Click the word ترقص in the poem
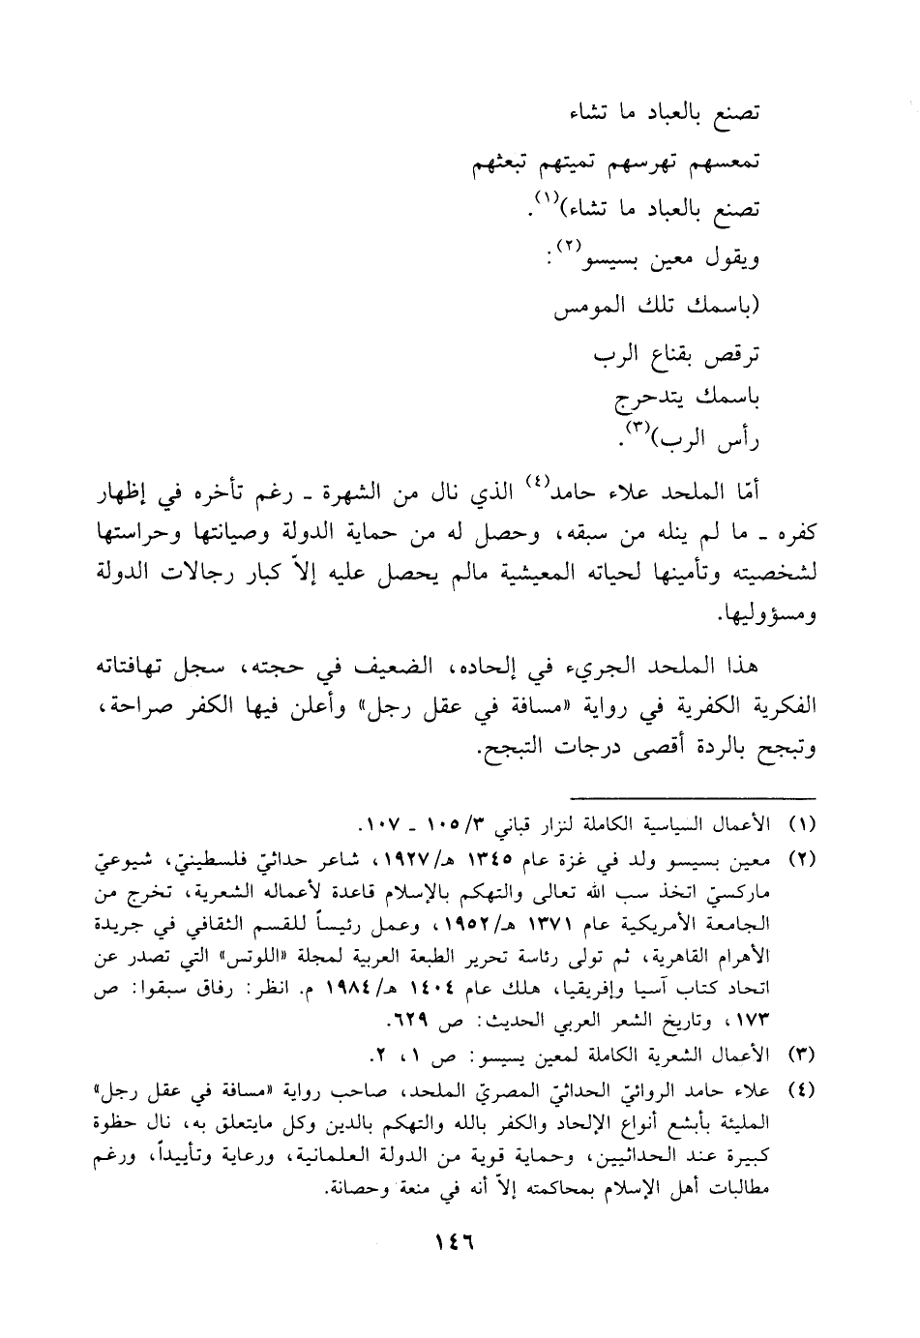[x=727, y=355]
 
